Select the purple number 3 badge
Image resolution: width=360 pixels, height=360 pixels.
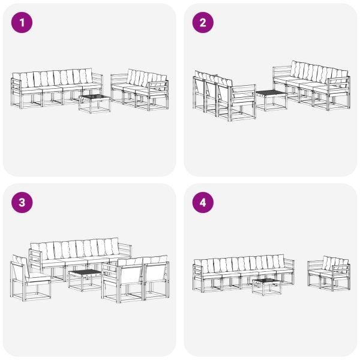click(23, 203)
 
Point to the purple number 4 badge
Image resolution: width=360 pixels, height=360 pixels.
click(203, 203)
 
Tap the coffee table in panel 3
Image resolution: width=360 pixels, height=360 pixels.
click(84, 279)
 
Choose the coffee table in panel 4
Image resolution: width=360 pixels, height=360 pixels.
click(266, 286)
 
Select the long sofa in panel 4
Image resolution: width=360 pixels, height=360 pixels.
click(243, 273)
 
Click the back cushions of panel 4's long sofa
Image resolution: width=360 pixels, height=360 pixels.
click(243, 263)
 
